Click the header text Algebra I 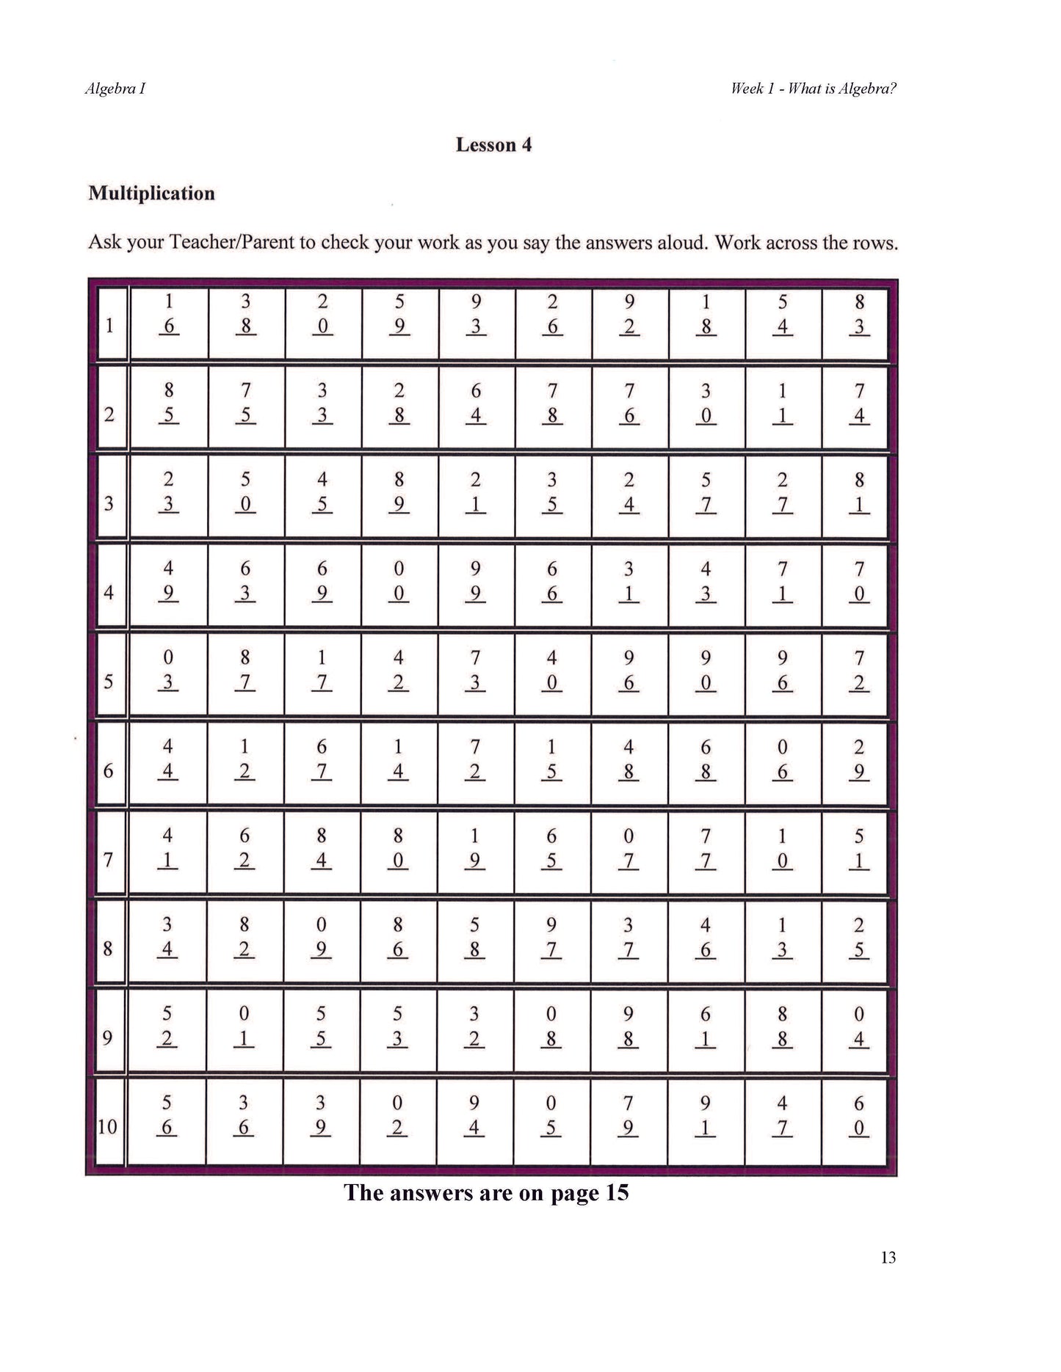tap(115, 89)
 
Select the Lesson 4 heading tap(493, 145)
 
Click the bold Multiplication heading tap(151, 193)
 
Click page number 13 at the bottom tap(888, 1258)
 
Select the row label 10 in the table tap(108, 1126)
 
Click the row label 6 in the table tap(109, 770)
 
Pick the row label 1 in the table tap(109, 325)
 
